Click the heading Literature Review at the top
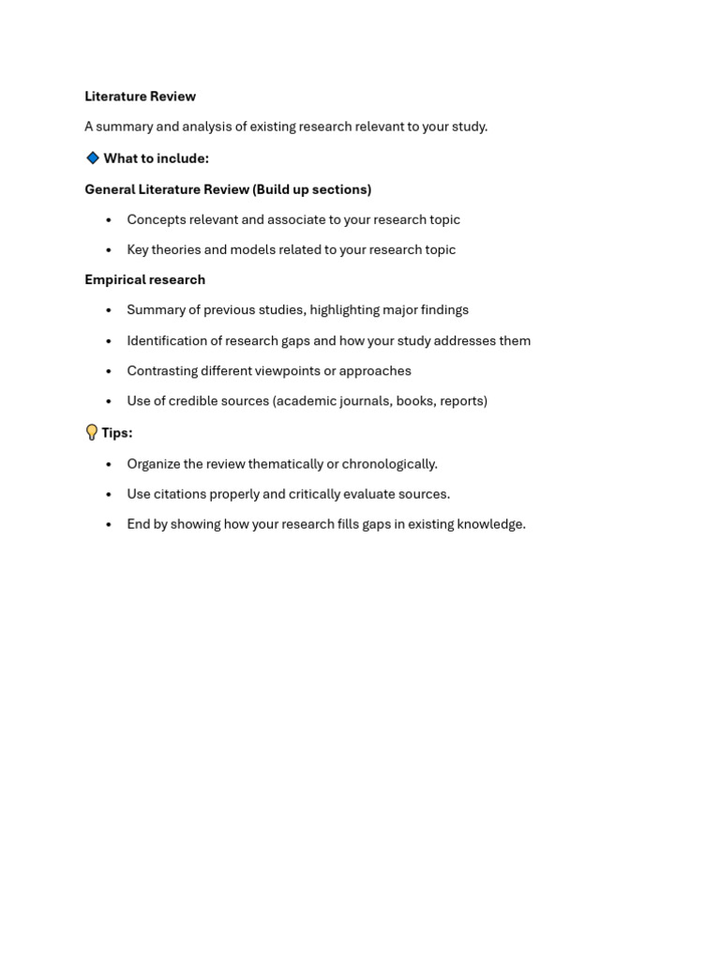[140, 97]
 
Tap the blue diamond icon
[93, 158]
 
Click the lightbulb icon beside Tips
[92, 432]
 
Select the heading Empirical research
[144, 279]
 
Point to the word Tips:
[117, 433]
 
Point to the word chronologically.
[391, 463]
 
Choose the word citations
[180, 493]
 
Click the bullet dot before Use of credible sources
[109, 401]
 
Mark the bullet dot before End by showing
[109, 525]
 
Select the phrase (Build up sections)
[312, 189]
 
